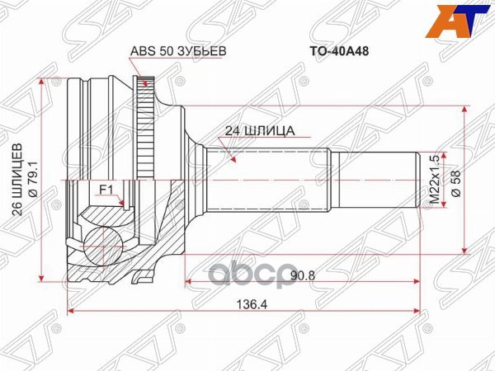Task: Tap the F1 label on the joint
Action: pyautogui.click(x=106, y=190)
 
